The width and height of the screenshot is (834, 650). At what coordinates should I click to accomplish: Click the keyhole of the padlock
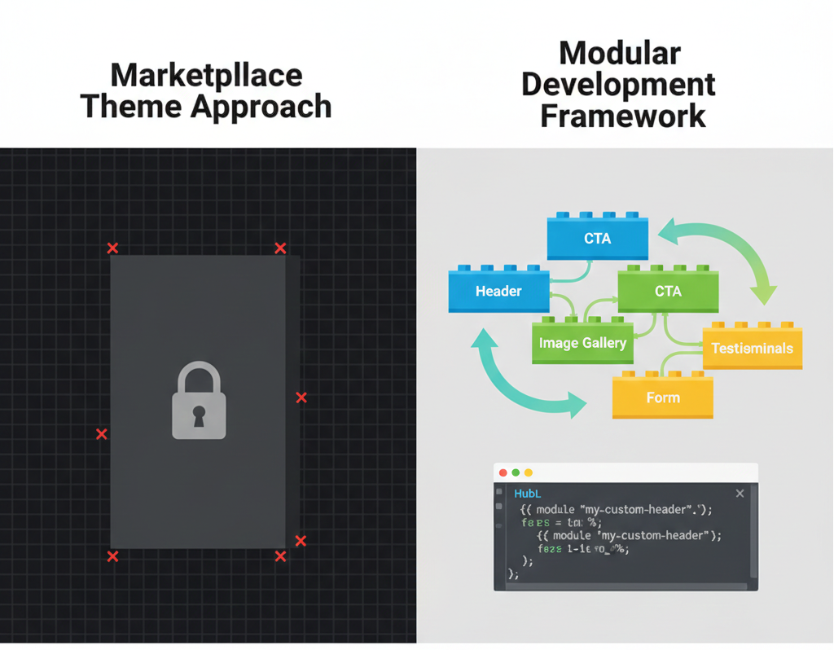click(199, 415)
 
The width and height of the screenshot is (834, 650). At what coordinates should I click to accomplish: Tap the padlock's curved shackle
click(199, 377)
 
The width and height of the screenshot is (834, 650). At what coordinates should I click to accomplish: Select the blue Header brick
click(498, 292)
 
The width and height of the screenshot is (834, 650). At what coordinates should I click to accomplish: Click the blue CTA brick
click(598, 239)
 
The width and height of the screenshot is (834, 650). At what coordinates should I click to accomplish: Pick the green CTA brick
click(668, 292)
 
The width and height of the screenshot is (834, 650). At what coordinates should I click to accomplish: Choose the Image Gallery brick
click(582, 343)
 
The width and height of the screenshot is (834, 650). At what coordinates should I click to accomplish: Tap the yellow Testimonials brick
click(752, 349)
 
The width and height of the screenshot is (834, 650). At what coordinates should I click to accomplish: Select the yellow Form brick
click(662, 398)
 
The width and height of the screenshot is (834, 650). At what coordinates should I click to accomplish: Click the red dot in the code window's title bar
click(503, 472)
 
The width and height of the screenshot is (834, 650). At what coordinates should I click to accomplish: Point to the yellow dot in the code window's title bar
click(528, 472)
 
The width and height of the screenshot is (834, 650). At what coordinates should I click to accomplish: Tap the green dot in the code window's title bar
click(516, 472)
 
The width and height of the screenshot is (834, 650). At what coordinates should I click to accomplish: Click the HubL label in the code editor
click(528, 494)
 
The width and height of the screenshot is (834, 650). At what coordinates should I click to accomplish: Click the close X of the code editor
click(740, 494)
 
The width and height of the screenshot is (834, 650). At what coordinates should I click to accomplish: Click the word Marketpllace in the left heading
click(206, 76)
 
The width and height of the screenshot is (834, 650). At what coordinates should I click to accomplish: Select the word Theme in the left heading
click(133, 107)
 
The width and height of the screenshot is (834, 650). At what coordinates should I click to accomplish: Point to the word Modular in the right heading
click(620, 54)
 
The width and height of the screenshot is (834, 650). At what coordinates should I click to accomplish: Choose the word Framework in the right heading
click(623, 115)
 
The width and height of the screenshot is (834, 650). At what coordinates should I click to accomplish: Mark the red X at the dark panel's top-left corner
click(113, 248)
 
